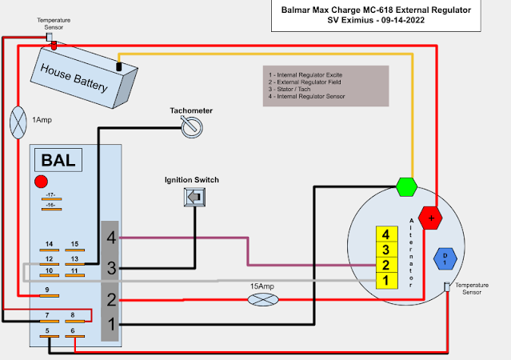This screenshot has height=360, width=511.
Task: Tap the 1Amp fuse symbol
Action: point(18,122)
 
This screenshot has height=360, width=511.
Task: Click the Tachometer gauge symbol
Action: point(190,126)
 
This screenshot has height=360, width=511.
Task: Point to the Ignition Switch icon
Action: point(192,197)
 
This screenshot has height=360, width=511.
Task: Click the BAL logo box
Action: point(57,160)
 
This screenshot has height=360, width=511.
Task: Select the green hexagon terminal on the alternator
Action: point(406,187)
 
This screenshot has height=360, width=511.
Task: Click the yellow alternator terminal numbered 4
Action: point(387,235)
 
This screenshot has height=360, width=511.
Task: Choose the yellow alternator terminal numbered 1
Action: point(387,280)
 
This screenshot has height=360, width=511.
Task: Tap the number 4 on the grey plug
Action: point(111,237)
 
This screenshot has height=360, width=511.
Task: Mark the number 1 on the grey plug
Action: point(111,324)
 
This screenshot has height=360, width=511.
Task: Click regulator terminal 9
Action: point(48,289)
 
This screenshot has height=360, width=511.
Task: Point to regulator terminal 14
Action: point(49,245)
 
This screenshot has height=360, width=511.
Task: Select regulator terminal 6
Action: point(74,330)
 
